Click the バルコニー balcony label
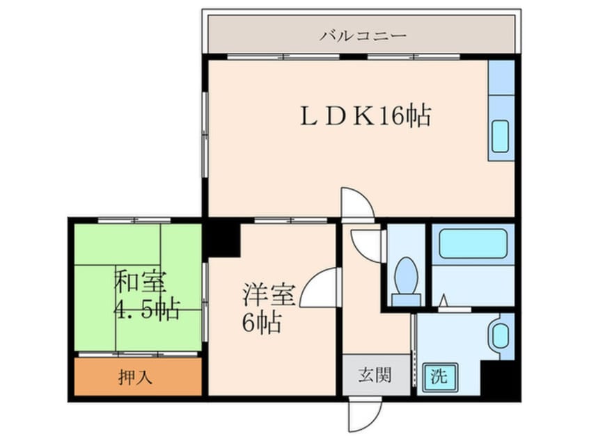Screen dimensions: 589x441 click(363, 35)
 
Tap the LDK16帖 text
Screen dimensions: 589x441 click(366, 115)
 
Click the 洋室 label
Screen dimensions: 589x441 click(269, 294)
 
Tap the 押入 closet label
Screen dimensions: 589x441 click(135, 377)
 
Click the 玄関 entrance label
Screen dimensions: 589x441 click(375, 374)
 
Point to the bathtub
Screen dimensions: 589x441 click(473, 243)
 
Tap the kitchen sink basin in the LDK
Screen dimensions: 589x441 click(501, 136)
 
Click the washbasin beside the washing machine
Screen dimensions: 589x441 click(500, 336)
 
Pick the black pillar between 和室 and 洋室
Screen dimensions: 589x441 click(221, 240)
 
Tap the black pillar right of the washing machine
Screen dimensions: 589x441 click(501, 380)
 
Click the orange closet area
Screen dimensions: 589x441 click(138, 376)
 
